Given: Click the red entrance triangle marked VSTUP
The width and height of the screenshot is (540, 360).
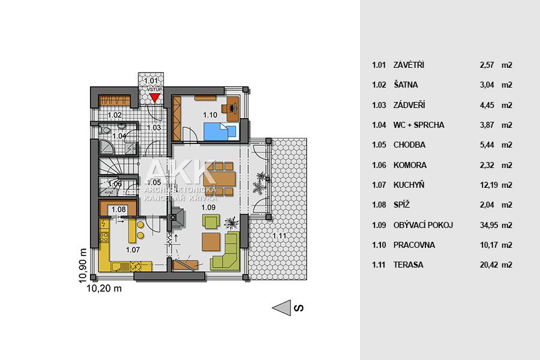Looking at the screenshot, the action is tap(155, 97).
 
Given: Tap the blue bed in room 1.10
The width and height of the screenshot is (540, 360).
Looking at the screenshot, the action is tap(220, 131).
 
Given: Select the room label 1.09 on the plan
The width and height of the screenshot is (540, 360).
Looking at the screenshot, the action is tap(208, 208).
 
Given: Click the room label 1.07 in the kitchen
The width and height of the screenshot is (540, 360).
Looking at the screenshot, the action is tap(133, 250).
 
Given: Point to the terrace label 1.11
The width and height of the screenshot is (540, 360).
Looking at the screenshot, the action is tap(279, 236).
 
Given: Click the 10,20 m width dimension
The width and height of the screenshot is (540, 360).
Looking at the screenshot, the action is tap(104, 289).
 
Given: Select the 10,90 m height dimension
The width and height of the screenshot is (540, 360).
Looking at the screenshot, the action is tap(83, 266).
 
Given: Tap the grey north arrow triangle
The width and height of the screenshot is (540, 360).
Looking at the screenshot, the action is tap(282, 308).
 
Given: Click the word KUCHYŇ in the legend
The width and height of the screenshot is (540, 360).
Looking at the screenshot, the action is tap(409, 185).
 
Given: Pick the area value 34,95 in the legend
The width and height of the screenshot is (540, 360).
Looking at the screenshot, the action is tap(489, 226).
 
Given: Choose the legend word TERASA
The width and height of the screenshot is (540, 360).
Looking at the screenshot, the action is tap(408, 265).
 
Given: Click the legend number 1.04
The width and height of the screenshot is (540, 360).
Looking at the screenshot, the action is tap(379, 125).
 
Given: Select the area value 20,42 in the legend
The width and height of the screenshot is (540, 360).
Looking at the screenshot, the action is tap(489, 265).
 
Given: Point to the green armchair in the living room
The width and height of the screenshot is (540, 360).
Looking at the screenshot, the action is tap(211, 221).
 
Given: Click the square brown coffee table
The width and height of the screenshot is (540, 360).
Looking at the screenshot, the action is tap(211, 242).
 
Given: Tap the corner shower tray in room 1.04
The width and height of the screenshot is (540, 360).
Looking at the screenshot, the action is tap(106, 147).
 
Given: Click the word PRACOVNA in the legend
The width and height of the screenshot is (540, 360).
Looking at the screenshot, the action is tap(414, 245).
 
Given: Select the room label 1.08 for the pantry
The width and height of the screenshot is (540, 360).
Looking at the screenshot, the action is tap(118, 209).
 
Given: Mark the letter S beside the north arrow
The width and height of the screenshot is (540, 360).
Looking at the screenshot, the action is tap(299, 308).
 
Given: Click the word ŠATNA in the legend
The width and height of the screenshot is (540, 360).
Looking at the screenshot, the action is tap(406, 85).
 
